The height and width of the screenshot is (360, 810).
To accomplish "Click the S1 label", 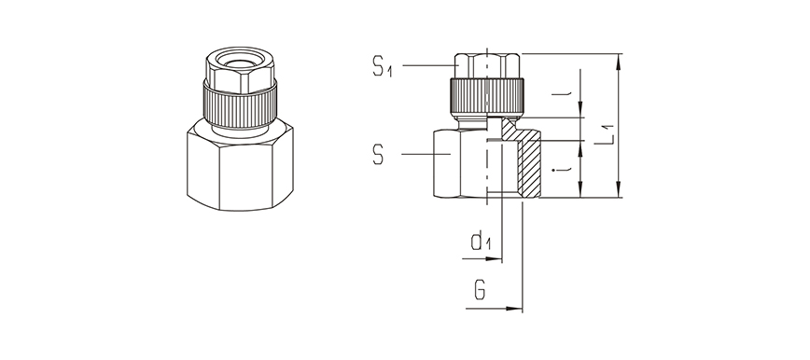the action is pos(383,66).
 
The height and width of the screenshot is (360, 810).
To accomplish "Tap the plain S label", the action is pos(378,155).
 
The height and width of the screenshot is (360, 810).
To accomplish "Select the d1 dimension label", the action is pos(481,242).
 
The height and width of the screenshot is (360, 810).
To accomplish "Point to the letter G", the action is pos(480,290).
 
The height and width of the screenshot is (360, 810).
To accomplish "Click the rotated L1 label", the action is pos(603,134).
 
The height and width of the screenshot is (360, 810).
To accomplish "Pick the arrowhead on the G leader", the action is pos(514,309).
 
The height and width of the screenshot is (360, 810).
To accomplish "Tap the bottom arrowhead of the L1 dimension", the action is pos(619,189).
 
